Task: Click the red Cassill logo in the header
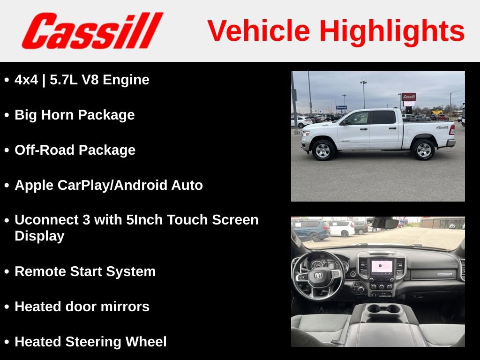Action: click(x=92, y=31)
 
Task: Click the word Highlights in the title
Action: click(x=392, y=31)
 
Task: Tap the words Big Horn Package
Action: click(x=75, y=115)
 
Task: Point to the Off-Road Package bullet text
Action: click(x=75, y=150)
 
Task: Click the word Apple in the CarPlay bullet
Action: click(x=34, y=186)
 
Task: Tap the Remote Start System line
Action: click(x=85, y=271)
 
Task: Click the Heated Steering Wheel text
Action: click(x=90, y=342)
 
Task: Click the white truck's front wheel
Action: click(x=323, y=150)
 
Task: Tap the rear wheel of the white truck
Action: click(x=423, y=150)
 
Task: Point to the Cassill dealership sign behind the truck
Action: click(x=409, y=97)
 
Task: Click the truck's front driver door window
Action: click(x=358, y=118)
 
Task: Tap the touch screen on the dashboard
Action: click(x=382, y=267)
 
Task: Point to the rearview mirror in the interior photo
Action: click(x=382, y=223)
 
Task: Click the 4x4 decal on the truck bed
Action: click(x=442, y=127)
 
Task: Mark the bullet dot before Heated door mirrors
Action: click(x=7, y=307)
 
